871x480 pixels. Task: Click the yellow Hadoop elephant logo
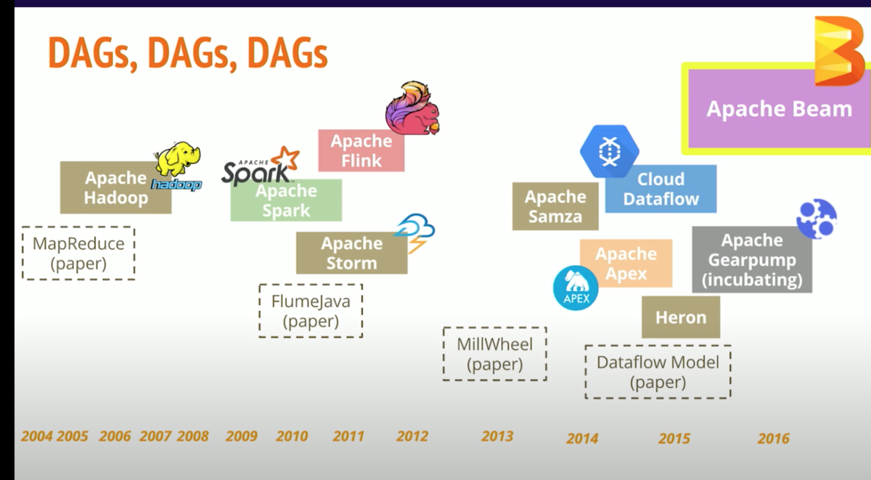point(178,159)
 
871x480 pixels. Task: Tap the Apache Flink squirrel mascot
point(412,108)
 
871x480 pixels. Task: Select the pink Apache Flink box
point(361,150)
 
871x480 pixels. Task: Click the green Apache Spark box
point(286,200)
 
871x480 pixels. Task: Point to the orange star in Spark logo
point(285,158)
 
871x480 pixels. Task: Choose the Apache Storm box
point(351,253)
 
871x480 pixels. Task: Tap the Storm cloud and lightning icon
point(414,233)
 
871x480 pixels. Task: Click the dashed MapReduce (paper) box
point(78,253)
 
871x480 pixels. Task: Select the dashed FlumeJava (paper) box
point(311,311)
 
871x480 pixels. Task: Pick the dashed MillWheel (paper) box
point(494,354)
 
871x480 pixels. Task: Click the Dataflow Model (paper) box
point(658,372)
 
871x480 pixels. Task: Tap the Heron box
point(681,317)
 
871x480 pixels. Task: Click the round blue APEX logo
point(576,288)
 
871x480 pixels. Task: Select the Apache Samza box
point(555,206)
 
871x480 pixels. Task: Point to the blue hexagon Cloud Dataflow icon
point(610,151)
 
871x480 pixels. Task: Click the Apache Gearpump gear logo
point(817,219)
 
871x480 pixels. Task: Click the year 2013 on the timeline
point(497,436)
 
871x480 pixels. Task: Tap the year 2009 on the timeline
point(242,436)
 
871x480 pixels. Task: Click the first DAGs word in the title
point(94,53)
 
